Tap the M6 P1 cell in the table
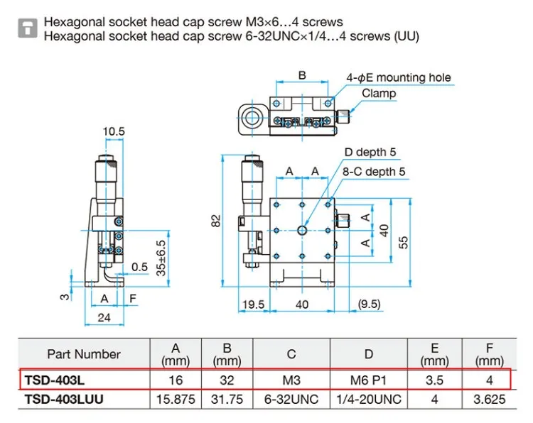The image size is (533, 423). coord(368,380)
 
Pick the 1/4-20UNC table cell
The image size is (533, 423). coord(368,400)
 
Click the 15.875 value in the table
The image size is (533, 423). coord(176,400)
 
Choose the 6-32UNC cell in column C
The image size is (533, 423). coord(292,400)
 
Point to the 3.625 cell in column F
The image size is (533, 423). coord(490,400)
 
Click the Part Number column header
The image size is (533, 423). coord(84,353)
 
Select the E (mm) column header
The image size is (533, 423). coord(435,353)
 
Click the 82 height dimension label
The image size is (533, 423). coord(216,221)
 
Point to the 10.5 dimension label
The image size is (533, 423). coord(114,131)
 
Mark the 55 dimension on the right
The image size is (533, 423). coord(403,241)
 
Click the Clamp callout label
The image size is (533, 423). coord(378,93)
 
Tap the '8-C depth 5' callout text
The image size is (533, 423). coord(375,172)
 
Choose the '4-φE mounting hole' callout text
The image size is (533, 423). coord(398,77)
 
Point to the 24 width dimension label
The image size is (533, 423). coord(104,317)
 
